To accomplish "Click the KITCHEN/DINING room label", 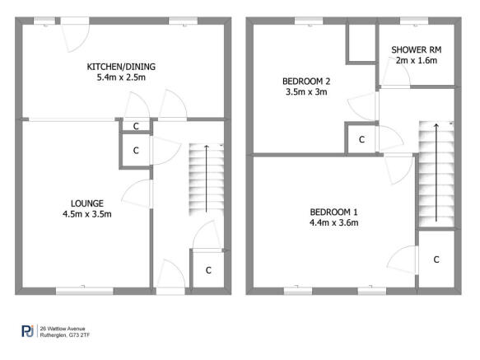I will (121, 67).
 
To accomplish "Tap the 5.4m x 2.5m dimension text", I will (121, 78).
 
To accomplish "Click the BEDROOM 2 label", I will (306, 81).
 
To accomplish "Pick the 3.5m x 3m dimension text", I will (305, 92).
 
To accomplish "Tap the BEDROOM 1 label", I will (333, 210).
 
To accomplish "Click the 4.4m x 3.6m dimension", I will (333, 222).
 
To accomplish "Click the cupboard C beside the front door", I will (207, 269).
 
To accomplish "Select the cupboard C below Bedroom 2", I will (361, 140).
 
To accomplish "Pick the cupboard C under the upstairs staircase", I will (436, 259).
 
